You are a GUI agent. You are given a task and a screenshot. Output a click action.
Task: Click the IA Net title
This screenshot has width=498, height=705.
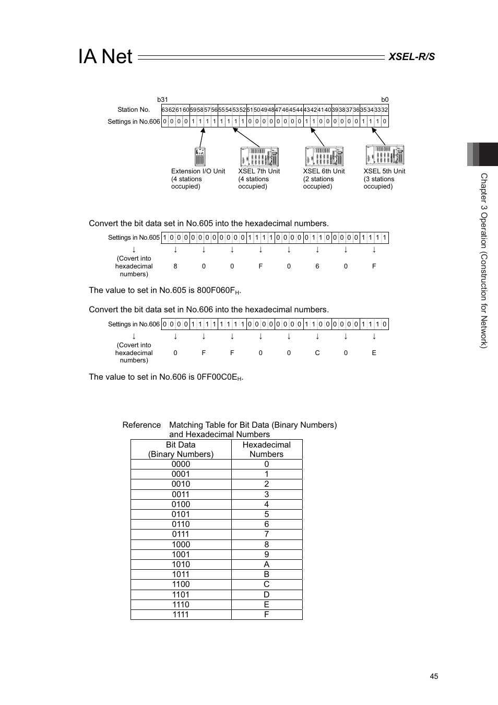click(105, 56)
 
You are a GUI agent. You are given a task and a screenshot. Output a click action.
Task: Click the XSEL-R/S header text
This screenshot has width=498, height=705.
click(411, 56)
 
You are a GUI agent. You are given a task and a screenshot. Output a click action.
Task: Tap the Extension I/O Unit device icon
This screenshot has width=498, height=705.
click(200, 157)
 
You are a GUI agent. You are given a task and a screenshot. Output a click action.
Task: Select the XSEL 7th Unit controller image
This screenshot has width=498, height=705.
click(259, 157)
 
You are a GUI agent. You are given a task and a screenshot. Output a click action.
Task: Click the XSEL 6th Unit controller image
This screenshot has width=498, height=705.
click(324, 156)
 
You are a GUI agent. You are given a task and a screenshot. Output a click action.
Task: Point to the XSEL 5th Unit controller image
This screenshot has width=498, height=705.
click(385, 155)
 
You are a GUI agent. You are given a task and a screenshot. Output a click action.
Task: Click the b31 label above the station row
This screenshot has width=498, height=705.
click(163, 100)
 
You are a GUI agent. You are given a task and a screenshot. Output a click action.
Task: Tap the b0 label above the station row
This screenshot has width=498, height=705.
click(385, 100)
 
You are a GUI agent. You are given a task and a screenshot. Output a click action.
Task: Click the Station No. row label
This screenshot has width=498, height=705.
click(134, 110)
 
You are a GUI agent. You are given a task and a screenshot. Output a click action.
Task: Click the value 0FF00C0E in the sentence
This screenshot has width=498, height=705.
click(217, 377)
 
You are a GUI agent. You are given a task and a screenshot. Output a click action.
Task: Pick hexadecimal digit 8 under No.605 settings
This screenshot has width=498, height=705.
click(175, 266)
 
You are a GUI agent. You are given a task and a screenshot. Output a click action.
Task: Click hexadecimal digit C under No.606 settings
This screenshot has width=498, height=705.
click(317, 353)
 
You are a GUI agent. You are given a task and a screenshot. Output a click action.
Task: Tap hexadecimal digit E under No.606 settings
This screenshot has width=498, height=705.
click(374, 353)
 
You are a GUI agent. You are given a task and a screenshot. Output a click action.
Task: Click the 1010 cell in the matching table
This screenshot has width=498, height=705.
click(181, 565)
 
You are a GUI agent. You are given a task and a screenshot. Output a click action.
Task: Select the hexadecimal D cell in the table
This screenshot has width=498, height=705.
click(266, 594)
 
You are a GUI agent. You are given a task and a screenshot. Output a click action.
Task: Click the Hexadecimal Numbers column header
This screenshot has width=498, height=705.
click(266, 450)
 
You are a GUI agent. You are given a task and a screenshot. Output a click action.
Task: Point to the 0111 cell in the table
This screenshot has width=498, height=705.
click(181, 534)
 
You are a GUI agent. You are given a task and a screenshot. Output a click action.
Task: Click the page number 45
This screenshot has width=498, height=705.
click(434, 676)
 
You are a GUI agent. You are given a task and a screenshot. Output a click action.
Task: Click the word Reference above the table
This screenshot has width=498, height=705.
click(141, 425)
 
